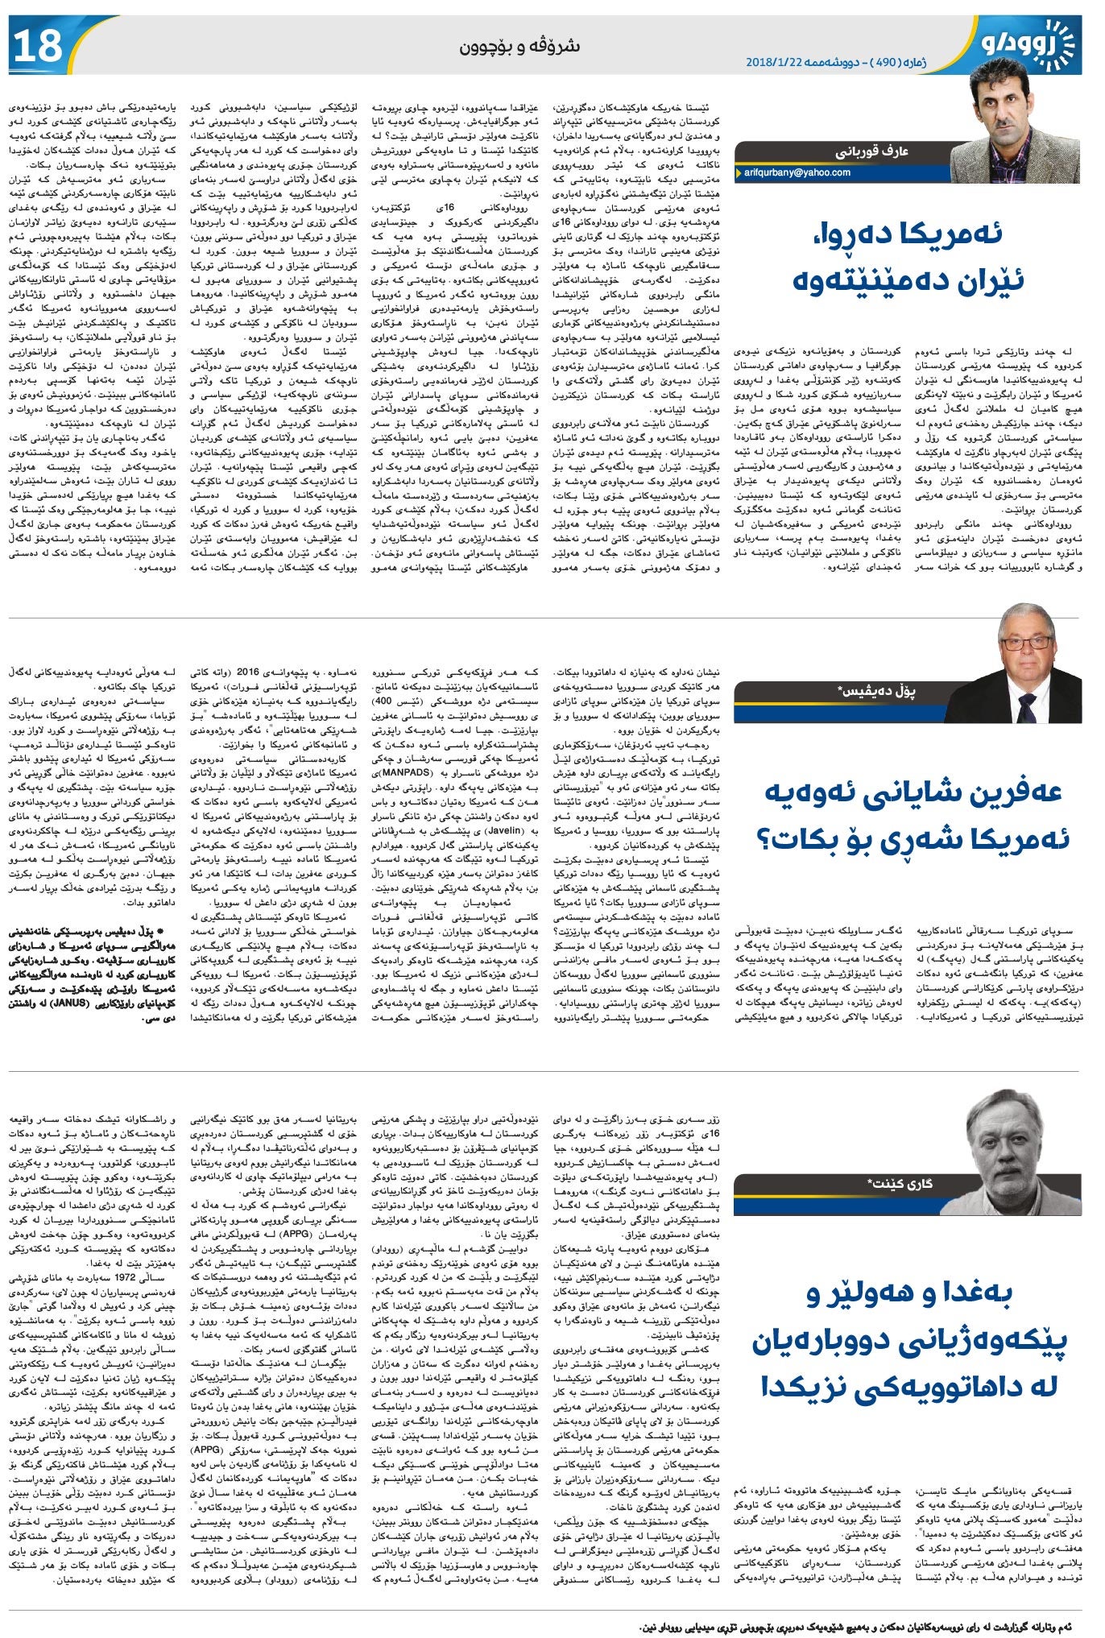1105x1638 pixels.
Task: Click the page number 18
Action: pyautogui.click(x=37, y=45)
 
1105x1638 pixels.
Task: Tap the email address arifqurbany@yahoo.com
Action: pyautogui.click(x=797, y=172)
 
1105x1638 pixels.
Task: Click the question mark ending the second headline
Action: pyautogui.click(x=768, y=839)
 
